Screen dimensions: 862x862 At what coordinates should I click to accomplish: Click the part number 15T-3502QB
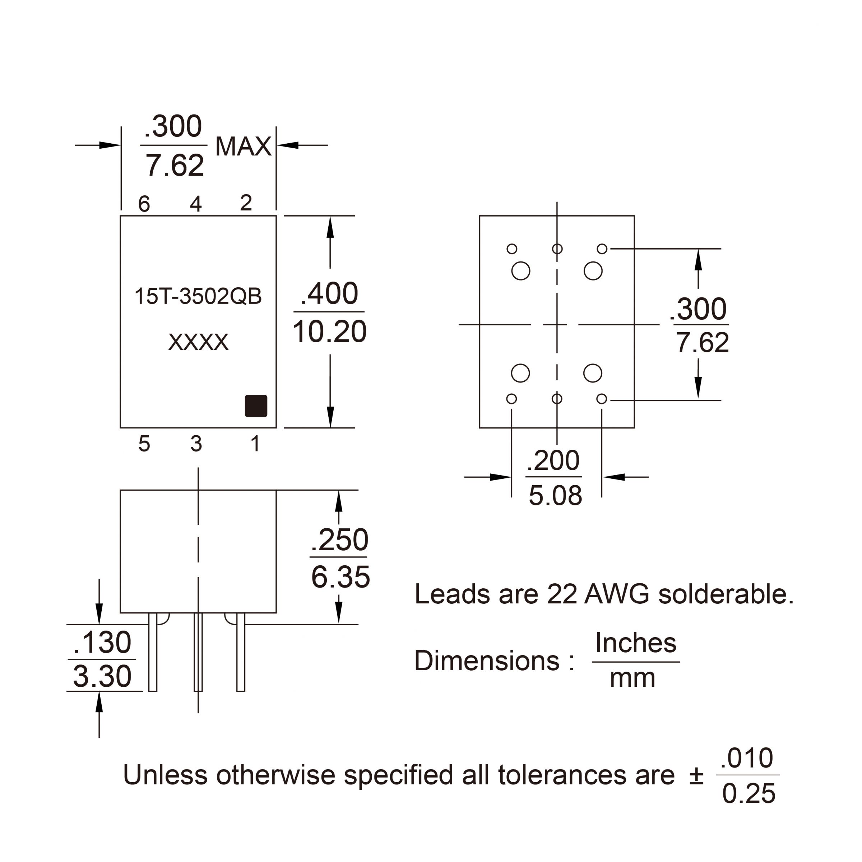tap(198, 296)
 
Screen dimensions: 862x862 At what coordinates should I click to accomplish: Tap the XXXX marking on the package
tap(198, 342)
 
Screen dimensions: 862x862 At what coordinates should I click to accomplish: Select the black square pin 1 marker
tap(256, 405)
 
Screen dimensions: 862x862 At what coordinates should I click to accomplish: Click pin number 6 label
tap(144, 204)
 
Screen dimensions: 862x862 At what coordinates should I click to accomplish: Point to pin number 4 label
tap(196, 204)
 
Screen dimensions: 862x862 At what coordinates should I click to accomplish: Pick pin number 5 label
tap(144, 444)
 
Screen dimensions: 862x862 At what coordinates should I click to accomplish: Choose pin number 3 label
tap(196, 444)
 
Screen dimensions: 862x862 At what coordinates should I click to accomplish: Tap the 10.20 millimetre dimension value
tap(329, 332)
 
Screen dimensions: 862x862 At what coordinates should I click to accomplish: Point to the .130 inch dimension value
tap(102, 643)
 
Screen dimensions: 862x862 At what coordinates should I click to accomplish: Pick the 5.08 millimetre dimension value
tap(555, 495)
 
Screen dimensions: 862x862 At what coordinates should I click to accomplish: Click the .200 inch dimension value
tap(553, 460)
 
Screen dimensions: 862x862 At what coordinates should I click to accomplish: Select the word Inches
tap(636, 643)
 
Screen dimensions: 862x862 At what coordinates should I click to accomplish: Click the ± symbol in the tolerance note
tap(696, 775)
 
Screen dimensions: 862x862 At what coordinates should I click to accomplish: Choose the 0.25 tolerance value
tap(749, 794)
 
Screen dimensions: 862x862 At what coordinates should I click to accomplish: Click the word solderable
tap(726, 594)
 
